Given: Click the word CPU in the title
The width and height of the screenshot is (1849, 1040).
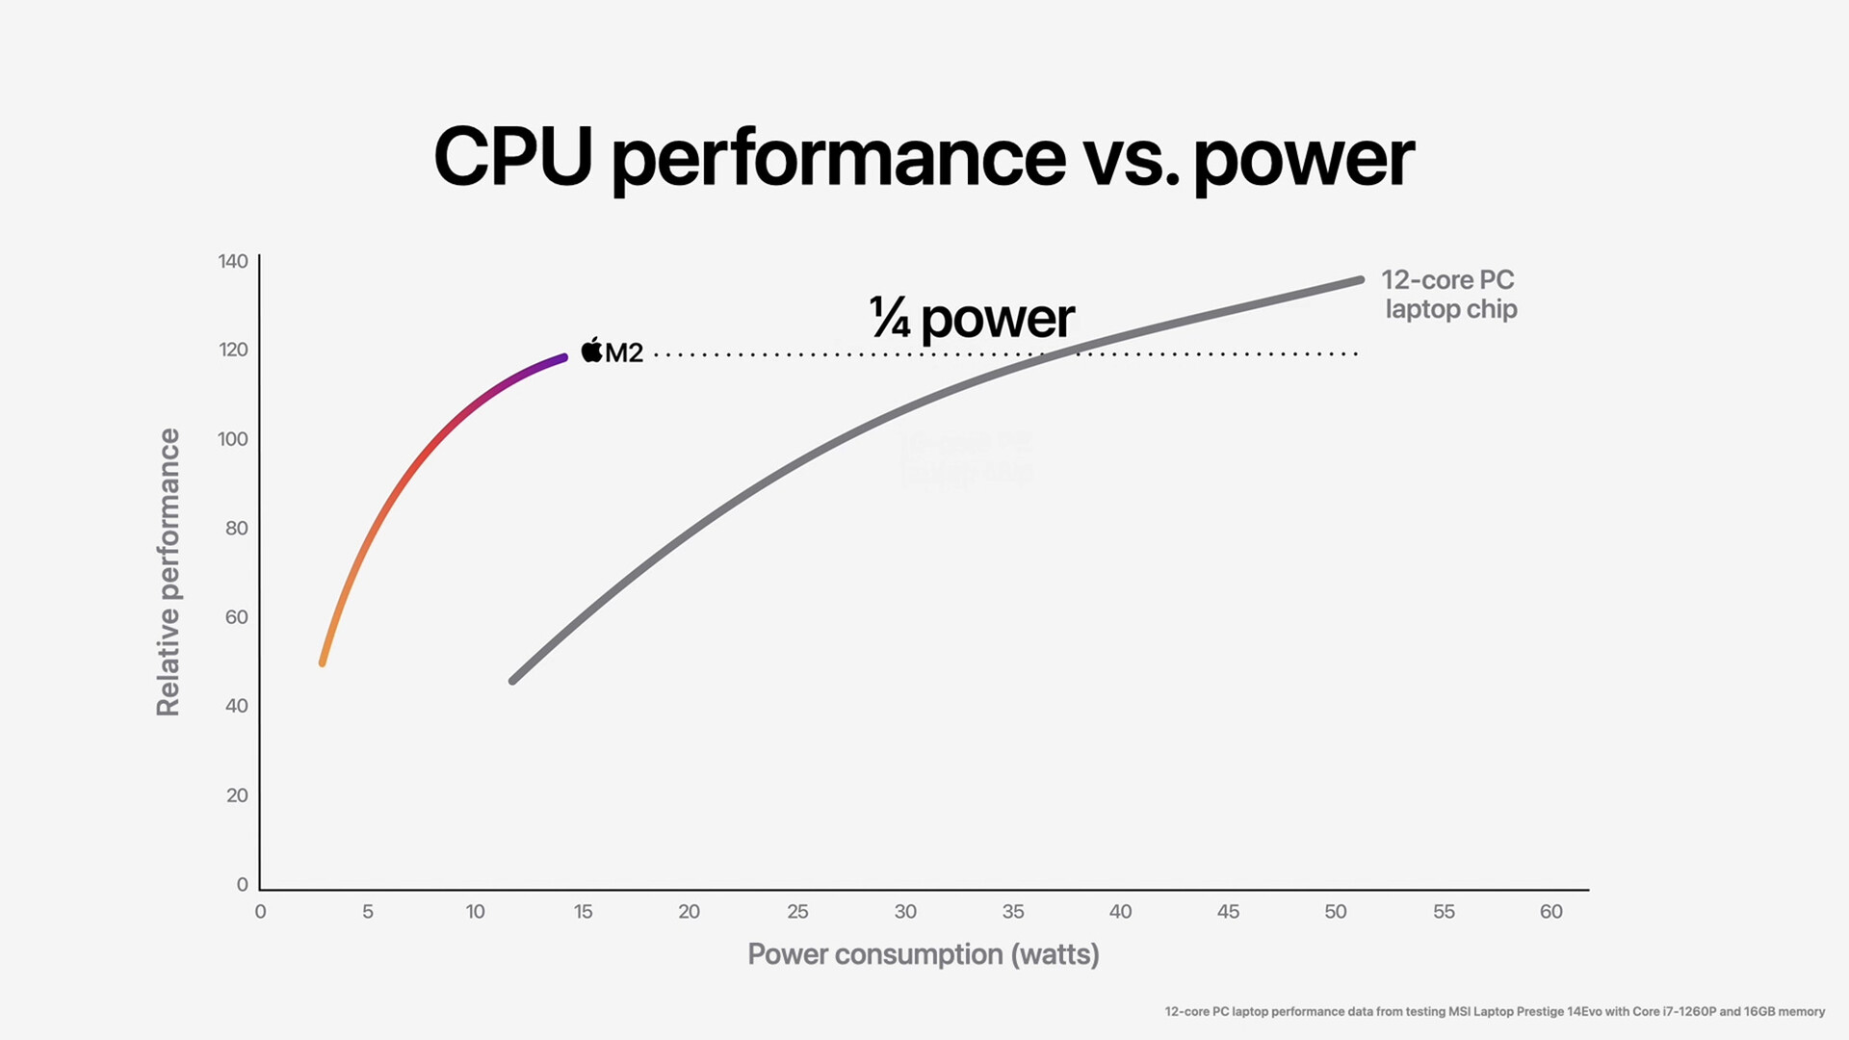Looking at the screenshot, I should [512, 157].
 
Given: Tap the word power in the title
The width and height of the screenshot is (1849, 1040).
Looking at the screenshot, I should [1303, 159].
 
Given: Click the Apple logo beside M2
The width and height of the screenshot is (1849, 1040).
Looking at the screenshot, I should [591, 351].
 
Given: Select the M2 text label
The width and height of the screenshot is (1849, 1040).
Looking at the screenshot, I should [624, 352].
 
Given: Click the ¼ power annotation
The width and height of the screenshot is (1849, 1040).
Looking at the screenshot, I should [971, 318].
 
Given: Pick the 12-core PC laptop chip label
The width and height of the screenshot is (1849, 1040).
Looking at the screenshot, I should [1449, 294].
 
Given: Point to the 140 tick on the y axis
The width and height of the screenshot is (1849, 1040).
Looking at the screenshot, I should [233, 261].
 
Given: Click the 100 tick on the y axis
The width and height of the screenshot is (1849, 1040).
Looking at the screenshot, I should [233, 439].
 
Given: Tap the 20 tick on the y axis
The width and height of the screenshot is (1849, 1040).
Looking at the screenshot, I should [237, 795].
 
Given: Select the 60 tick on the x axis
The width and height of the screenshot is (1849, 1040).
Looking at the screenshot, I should [1550, 911].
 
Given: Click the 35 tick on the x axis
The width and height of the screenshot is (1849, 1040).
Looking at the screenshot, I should [1013, 911].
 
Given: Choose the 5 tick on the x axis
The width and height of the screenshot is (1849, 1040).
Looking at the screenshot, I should [368, 911].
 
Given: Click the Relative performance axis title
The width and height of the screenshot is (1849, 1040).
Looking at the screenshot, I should [169, 572].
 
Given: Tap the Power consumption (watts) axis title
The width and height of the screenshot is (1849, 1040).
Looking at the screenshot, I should [923, 954].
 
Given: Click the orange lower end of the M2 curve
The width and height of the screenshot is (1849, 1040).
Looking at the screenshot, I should [323, 663].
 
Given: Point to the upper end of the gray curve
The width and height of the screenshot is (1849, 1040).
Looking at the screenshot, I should [1359, 280].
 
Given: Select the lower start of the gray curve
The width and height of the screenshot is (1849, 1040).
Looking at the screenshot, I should [513, 681].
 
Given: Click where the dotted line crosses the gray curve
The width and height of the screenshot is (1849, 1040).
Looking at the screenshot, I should [1057, 354].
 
